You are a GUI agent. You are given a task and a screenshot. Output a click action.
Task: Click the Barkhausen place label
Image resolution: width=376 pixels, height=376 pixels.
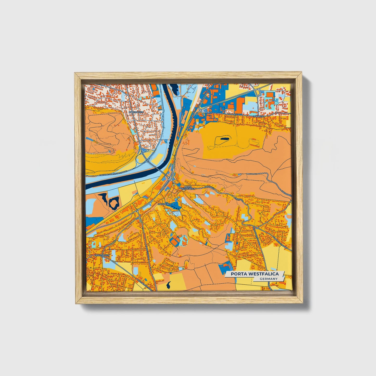click(138, 112)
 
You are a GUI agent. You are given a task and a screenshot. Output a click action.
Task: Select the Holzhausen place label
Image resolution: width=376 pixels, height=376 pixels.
click(102, 256)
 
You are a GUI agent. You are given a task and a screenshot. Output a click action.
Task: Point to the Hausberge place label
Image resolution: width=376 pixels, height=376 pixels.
click(164, 204)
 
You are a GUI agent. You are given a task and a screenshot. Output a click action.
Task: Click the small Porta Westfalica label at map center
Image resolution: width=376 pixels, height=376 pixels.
click(188, 188)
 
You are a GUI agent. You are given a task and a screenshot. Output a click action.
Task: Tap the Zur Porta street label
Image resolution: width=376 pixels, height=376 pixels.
click(232, 114)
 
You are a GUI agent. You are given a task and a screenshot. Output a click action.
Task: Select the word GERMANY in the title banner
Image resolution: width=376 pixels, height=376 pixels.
click(269, 279)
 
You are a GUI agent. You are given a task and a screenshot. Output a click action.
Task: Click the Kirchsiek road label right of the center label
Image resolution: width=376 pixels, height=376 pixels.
click(209, 187)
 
